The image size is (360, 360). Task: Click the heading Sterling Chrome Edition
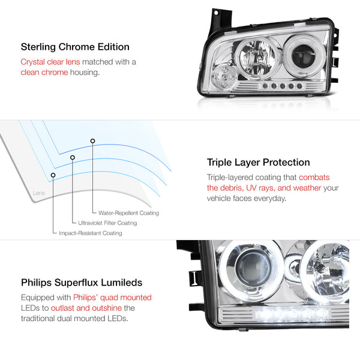coord(75,47)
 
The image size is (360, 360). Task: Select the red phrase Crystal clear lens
coord(50,62)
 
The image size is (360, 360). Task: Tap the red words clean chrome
coord(44,73)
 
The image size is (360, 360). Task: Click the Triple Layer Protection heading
coord(258,163)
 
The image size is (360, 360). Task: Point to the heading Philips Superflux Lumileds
coord(82,283)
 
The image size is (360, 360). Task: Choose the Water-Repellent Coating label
coord(128,213)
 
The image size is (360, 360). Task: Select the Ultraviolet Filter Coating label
coord(107,223)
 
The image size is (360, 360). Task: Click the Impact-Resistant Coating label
coord(91,233)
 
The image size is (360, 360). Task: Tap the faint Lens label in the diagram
coord(39,193)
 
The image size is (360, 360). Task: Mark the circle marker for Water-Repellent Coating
coord(92,141)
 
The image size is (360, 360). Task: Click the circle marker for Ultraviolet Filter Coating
coord(73,157)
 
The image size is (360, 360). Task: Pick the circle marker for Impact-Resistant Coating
coord(53,175)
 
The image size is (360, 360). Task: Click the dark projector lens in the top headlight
coord(303,56)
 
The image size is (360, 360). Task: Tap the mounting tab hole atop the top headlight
coord(216,13)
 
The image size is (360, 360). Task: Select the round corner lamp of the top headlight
coord(223,77)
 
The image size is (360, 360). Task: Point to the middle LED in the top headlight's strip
coord(283,86)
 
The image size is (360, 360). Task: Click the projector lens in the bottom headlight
coord(253,268)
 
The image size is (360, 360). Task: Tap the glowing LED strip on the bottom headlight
coord(292,314)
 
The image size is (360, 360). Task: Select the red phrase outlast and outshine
coord(86,308)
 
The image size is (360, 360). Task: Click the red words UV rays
coord(260,188)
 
